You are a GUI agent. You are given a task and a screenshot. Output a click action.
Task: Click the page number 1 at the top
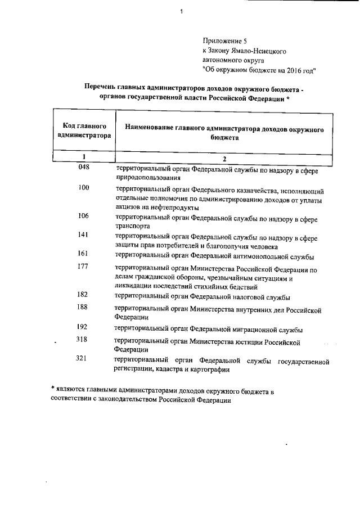(182, 11)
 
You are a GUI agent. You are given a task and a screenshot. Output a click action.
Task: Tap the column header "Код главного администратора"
(84, 131)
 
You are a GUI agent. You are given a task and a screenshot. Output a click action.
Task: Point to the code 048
(84, 166)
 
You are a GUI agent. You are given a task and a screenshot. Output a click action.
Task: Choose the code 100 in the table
(84, 188)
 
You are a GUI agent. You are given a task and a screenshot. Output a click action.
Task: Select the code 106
(84, 216)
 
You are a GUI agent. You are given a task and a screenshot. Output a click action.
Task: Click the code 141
(84, 235)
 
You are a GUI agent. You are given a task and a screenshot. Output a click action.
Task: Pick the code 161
(84, 254)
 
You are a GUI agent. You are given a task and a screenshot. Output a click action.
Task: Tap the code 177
(84, 267)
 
